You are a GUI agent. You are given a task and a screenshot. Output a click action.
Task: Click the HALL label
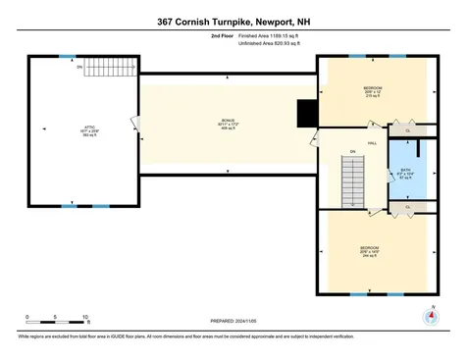372,143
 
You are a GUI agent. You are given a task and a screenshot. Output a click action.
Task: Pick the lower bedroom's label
369,250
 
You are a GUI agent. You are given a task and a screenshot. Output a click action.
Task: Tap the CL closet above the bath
407,130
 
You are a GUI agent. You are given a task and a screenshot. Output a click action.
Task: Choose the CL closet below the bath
407,207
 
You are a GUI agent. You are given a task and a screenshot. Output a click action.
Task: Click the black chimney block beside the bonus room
307,114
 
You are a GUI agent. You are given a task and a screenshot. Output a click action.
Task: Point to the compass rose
428,317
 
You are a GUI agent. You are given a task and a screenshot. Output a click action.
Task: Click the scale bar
57,323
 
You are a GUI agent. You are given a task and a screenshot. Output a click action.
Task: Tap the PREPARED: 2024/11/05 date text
233,321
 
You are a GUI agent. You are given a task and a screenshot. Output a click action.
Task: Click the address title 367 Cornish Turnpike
233,20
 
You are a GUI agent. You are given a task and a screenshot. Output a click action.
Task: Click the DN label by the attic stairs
79,68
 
